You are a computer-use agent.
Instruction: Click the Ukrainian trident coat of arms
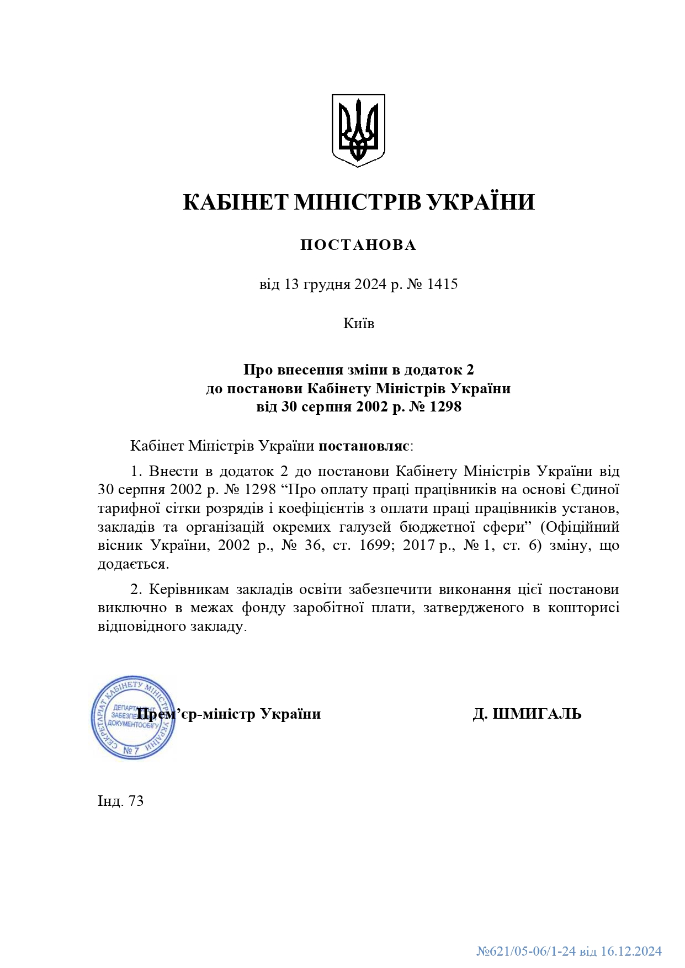358,130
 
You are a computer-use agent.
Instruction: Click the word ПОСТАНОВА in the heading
358,245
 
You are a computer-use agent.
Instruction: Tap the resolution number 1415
443,285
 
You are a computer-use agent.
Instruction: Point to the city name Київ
359,323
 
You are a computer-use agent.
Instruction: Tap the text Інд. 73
120,801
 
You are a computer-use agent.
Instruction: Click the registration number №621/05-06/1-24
526,951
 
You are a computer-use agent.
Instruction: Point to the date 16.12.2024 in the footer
631,951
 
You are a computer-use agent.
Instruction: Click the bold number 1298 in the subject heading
445,407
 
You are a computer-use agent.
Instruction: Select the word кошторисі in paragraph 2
587,608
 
